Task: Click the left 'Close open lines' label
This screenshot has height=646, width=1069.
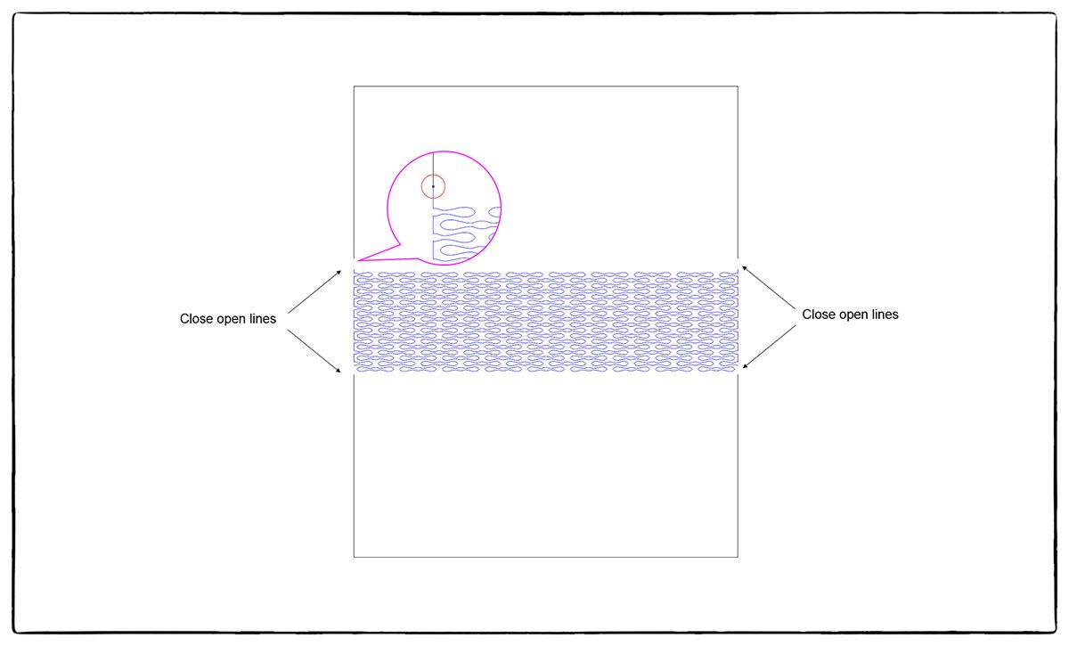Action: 227,319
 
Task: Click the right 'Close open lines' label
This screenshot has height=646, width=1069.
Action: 850,315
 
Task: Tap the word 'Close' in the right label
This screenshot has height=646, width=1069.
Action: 818,315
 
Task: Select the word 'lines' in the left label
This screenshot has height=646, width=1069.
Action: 261,319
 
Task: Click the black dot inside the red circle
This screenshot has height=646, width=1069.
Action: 433,186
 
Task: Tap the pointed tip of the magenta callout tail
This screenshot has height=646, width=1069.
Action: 357,260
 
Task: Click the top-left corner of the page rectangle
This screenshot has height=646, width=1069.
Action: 355,86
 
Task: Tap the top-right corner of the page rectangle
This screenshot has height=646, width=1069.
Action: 738,86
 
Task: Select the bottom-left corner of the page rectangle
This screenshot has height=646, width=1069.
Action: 355,557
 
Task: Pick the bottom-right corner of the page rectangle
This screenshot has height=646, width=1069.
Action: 738,557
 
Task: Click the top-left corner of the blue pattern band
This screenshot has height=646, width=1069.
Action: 355,271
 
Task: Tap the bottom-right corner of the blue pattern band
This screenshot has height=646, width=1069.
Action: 737,371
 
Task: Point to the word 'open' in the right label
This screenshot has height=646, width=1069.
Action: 853,315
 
